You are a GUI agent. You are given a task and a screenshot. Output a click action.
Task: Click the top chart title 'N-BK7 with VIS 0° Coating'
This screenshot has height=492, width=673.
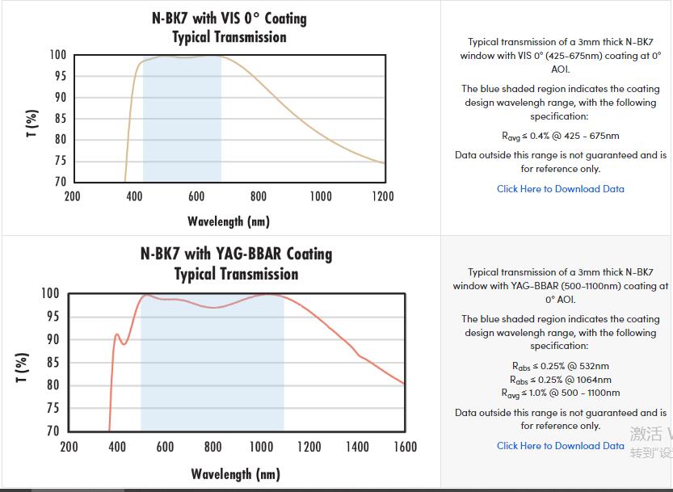(x=229, y=18)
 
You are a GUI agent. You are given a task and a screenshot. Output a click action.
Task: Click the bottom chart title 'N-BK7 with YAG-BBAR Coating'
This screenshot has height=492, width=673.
(x=236, y=254)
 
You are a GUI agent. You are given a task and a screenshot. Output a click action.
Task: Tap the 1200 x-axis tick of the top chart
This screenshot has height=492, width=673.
(x=382, y=196)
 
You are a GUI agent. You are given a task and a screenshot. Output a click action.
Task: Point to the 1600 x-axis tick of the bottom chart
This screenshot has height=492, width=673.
(x=405, y=447)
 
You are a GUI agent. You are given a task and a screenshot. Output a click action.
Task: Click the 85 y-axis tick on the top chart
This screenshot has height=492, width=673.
(x=58, y=119)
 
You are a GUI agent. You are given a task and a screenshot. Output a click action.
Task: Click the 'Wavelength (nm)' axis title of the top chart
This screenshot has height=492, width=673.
(x=229, y=221)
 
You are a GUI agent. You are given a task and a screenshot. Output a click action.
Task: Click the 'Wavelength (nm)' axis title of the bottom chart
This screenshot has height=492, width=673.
(x=236, y=473)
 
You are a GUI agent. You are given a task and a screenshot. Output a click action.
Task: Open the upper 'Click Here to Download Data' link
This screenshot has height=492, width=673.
(x=560, y=189)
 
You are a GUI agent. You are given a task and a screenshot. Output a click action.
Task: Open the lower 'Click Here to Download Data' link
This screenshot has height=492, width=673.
(x=560, y=446)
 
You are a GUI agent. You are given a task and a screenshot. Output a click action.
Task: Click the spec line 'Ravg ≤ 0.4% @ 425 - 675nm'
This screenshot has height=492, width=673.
(x=560, y=136)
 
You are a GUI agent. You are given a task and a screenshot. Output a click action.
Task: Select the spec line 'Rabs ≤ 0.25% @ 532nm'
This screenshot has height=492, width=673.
(x=560, y=366)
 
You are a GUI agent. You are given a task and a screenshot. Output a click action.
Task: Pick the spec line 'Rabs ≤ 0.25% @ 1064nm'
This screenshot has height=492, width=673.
(x=560, y=380)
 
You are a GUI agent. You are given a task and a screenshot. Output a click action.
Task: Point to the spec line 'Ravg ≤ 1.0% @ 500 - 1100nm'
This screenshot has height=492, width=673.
(x=560, y=393)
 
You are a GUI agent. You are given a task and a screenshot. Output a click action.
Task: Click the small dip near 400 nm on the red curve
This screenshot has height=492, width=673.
(x=124, y=343)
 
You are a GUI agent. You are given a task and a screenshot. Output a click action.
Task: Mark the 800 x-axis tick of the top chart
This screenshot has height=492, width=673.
(x=259, y=196)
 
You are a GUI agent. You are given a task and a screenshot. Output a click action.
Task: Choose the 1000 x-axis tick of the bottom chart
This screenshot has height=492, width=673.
(x=261, y=447)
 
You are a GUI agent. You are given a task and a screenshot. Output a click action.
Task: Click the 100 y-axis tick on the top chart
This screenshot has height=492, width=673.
(x=58, y=55)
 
